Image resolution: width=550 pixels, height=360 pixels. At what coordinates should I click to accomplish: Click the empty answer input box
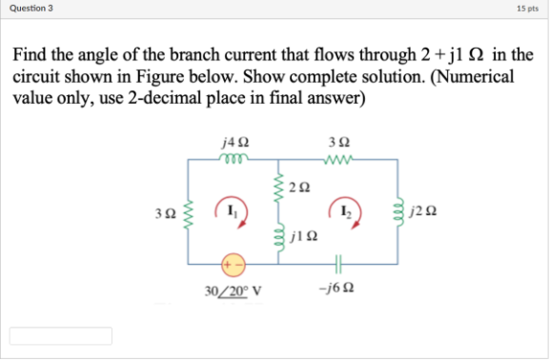[61, 336]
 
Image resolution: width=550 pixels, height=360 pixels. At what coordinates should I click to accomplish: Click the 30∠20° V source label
[233, 290]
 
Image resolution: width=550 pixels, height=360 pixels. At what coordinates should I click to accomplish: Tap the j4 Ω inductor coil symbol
[232, 160]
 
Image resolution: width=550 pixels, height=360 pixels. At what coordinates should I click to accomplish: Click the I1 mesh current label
[233, 205]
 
